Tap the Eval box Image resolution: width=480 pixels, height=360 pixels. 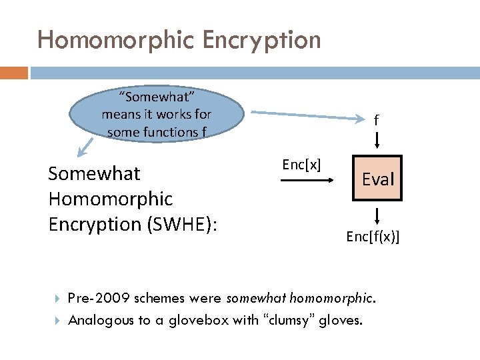(x=378, y=179)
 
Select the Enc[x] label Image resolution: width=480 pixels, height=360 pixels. (x=301, y=165)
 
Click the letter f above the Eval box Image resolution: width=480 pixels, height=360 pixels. (x=377, y=121)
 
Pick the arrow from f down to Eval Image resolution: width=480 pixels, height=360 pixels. (x=377, y=139)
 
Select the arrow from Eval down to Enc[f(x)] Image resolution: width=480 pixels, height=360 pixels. (x=377, y=216)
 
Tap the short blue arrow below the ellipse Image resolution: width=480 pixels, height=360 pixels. (x=85, y=144)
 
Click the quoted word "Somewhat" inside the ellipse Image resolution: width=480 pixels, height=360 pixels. (x=157, y=97)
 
